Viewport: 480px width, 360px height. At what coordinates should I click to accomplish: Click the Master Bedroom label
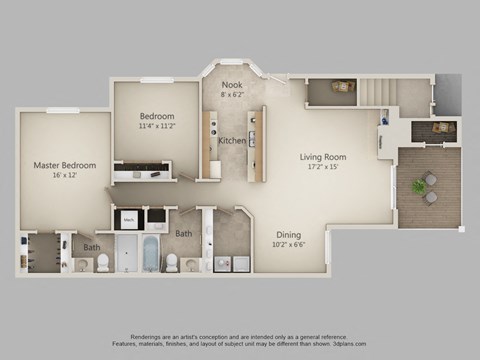tap(64, 165)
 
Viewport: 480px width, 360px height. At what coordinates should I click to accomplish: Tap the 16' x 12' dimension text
tap(64, 175)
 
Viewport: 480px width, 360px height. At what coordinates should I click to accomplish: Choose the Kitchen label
tap(232, 140)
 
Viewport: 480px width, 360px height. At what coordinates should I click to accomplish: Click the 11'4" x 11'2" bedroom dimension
tap(156, 126)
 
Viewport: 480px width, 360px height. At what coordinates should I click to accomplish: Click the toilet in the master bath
tap(102, 263)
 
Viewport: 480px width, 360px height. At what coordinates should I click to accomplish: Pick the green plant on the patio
tap(417, 186)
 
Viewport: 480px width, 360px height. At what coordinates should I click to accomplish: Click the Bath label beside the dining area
tap(184, 234)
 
